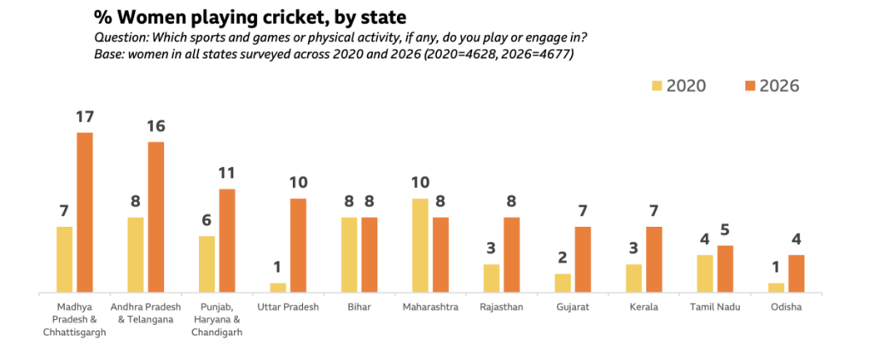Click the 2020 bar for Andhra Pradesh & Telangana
(x=136, y=254)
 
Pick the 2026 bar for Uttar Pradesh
(x=298, y=245)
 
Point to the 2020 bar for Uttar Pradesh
(x=277, y=287)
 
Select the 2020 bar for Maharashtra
(x=420, y=245)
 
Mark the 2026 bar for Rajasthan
(x=511, y=254)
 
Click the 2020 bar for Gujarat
(x=562, y=282)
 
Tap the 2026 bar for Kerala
(x=654, y=258)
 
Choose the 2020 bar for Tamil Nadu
(x=704, y=273)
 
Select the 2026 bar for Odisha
(x=795, y=273)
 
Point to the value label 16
(x=155, y=126)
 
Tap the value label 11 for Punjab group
(x=226, y=173)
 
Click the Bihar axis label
(x=359, y=307)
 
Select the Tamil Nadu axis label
(x=714, y=307)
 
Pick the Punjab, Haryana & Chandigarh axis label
(x=217, y=320)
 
